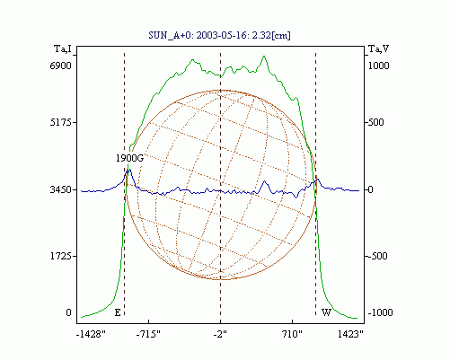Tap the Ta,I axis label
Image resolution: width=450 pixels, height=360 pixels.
click(x=63, y=48)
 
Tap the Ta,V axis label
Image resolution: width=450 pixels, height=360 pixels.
click(x=378, y=48)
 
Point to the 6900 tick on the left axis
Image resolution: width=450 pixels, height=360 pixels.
click(x=61, y=66)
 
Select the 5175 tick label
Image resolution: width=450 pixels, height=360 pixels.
click(x=61, y=122)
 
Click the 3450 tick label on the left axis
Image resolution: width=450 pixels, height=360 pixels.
click(x=61, y=189)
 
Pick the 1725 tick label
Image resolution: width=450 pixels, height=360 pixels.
click(x=61, y=256)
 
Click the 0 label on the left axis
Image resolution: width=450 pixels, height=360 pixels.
click(x=69, y=312)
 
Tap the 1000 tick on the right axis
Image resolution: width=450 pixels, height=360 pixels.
click(x=378, y=66)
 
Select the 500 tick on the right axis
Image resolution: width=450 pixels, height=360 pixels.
click(x=376, y=122)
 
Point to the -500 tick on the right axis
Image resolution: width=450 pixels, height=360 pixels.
click(x=377, y=256)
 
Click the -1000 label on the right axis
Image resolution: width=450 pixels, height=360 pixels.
click(x=380, y=312)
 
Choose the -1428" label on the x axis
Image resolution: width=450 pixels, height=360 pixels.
click(x=91, y=334)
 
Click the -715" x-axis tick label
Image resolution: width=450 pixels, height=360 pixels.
click(x=148, y=334)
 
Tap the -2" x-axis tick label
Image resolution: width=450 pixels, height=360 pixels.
click(x=220, y=334)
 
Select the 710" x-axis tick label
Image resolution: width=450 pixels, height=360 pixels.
click(x=292, y=334)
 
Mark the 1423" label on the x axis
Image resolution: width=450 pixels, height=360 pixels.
click(x=350, y=334)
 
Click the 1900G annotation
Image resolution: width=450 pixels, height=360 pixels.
click(x=129, y=158)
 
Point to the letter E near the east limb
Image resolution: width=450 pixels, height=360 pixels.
click(x=118, y=312)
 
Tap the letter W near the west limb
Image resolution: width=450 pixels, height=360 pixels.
click(x=326, y=312)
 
